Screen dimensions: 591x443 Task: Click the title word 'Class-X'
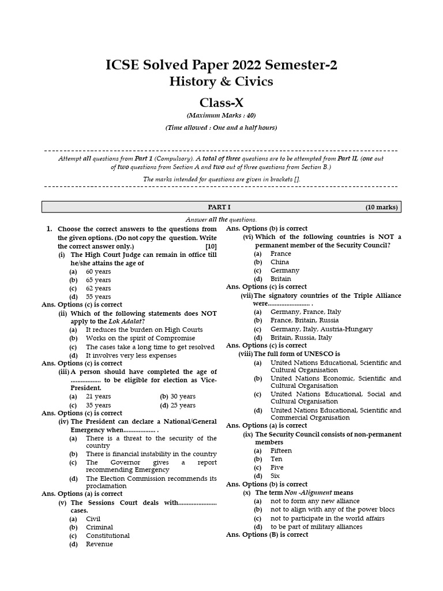pos(221,103)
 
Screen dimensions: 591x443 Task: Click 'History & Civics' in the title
pos(221,81)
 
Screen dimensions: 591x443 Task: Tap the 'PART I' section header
pos(219,207)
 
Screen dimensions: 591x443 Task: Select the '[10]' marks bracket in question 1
pos(211,246)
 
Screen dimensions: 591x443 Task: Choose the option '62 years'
pos(98,289)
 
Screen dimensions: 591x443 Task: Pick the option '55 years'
pos(98,297)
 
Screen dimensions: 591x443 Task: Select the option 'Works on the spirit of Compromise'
pos(140,338)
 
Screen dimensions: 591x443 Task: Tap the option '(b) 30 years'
pos(178,397)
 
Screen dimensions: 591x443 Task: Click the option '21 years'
pos(98,397)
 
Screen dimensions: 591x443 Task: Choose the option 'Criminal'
pos(99,527)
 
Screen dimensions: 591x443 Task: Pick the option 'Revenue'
pos(99,544)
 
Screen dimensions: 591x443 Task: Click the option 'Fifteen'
pos(281,451)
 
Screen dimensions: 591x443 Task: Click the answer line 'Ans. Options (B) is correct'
pos(267,534)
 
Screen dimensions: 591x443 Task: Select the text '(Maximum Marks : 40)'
pos(221,115)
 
